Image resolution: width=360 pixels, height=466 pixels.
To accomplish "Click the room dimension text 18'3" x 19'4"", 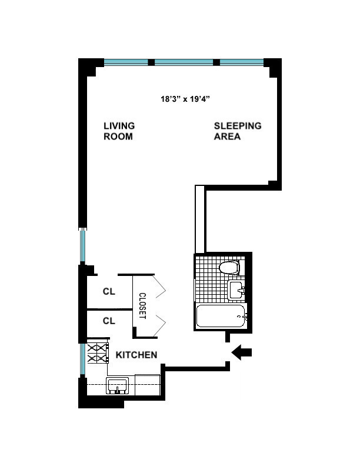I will click(185, 99).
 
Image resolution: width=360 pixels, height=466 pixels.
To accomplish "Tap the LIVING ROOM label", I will click(119, 131).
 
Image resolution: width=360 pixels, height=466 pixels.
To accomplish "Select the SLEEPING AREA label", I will click(237, 131).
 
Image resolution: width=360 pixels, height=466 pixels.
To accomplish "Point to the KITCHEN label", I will click(136, 355).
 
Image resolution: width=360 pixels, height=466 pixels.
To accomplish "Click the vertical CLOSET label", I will click(142, 306).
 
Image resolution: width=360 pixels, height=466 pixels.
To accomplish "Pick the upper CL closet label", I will click(109, 291).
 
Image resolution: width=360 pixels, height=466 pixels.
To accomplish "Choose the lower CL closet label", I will click(109, 321).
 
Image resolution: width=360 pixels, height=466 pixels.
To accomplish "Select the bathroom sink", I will click(236, 289).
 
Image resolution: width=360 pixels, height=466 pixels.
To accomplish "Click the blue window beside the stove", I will click(83, 358).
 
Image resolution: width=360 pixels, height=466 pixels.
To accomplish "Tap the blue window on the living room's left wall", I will click(83, 246).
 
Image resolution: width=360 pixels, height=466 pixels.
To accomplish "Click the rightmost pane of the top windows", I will click(242, 62).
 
